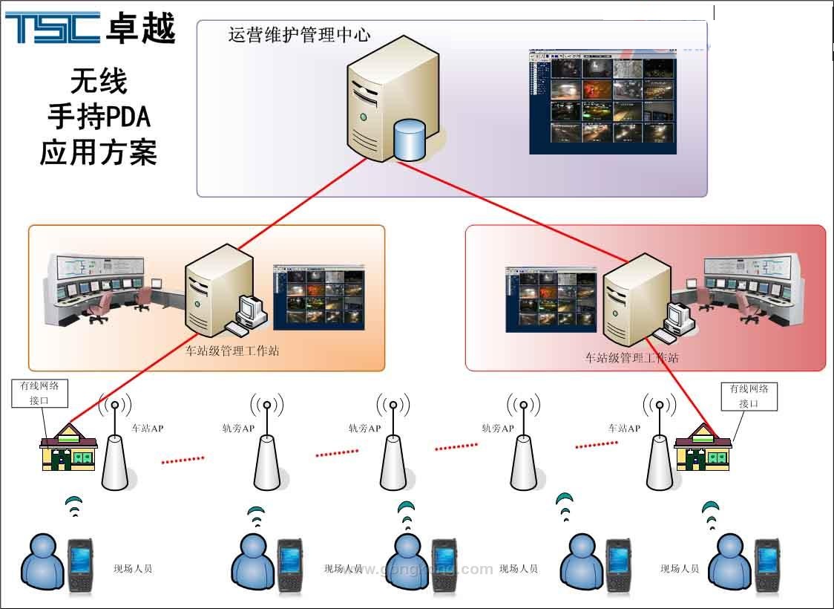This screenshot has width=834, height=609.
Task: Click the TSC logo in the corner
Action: point(53,27)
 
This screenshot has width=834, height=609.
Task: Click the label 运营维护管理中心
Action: point(299,35)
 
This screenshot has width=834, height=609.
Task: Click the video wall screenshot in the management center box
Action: point(602,102)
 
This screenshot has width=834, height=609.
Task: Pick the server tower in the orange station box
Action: point(210,292)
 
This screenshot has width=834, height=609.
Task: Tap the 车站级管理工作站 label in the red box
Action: point(631,358)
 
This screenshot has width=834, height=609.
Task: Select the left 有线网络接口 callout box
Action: point(40,393)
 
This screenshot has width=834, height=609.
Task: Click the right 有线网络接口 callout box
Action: point(749,396)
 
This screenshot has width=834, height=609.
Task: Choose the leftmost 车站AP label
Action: point(147,429)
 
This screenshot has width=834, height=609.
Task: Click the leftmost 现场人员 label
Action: point(133,569)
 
